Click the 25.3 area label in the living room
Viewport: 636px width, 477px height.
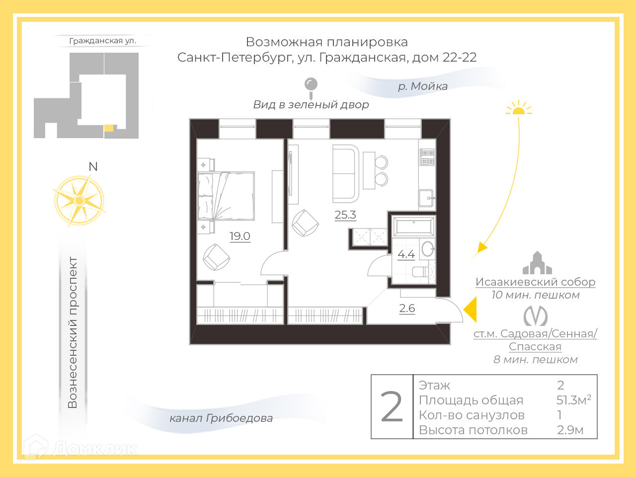[345, 215]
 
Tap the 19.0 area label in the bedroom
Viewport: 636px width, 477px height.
[239, 237]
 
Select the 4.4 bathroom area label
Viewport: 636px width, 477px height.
[406, 254]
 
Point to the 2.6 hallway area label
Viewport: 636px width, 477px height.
[407, 309]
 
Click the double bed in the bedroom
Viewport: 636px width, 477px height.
[227, 196]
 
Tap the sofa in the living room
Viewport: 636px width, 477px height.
[345, 173]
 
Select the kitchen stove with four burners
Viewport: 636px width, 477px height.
[427, 157]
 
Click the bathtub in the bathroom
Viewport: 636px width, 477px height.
[413, 226]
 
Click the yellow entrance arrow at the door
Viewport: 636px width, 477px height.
[471, 311]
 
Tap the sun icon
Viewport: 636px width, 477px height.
[518, 108]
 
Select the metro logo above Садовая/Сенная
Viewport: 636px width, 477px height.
[536, 316]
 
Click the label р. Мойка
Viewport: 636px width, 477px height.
[423, 86]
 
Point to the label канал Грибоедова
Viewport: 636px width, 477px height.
[221, 418]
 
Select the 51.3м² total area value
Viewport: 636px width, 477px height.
[573, 400]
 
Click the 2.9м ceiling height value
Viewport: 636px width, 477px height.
[570, 430]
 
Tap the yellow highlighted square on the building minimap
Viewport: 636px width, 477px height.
[109, 128]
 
